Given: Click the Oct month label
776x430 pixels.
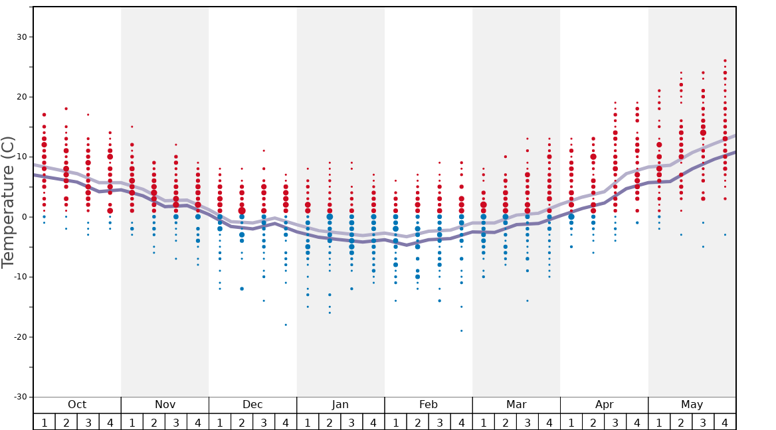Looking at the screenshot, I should coord(77,405).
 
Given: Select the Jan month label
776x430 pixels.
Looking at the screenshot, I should coord(340,405).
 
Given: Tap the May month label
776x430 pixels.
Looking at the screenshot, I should coord(692,405).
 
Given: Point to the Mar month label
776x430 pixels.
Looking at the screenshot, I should coord(516,405).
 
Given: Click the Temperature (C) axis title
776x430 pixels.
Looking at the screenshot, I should coord(8,202).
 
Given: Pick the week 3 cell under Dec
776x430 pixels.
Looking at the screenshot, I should coord(264,422).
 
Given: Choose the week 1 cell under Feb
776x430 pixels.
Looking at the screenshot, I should coord(395,422).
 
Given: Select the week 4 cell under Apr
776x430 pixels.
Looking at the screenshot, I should coord(637,422).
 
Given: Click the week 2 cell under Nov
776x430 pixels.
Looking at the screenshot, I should coord(154,422).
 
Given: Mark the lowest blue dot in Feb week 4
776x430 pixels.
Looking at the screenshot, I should coord(462,330).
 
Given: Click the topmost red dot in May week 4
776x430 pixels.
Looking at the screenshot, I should coord(725,60).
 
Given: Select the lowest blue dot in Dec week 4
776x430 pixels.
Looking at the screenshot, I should coord(286,324).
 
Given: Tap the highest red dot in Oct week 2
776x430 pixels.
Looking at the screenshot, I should coord(66,108).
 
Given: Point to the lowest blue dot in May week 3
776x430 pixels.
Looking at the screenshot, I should coord(703,247).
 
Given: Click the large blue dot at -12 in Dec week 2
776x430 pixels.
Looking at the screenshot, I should coord(242,289).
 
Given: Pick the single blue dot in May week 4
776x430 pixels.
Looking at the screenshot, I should coord(725,235).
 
